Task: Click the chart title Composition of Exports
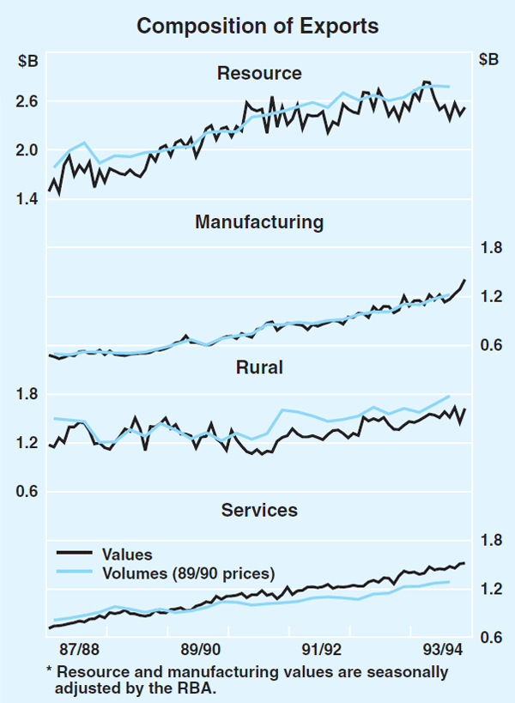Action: coord(257,27)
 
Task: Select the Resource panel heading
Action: coord(259,74)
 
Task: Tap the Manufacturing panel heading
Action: coord(259,222)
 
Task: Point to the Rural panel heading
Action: coord(259,368)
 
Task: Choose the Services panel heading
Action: coord(259,510)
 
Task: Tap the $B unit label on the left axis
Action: coord(27,60)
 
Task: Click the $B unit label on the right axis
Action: coord(488,60)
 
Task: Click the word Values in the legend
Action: coord(126,555)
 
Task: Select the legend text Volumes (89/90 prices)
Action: coord(188,573)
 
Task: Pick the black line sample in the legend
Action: coord(76,555)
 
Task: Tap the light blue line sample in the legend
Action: coord(76,573)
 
